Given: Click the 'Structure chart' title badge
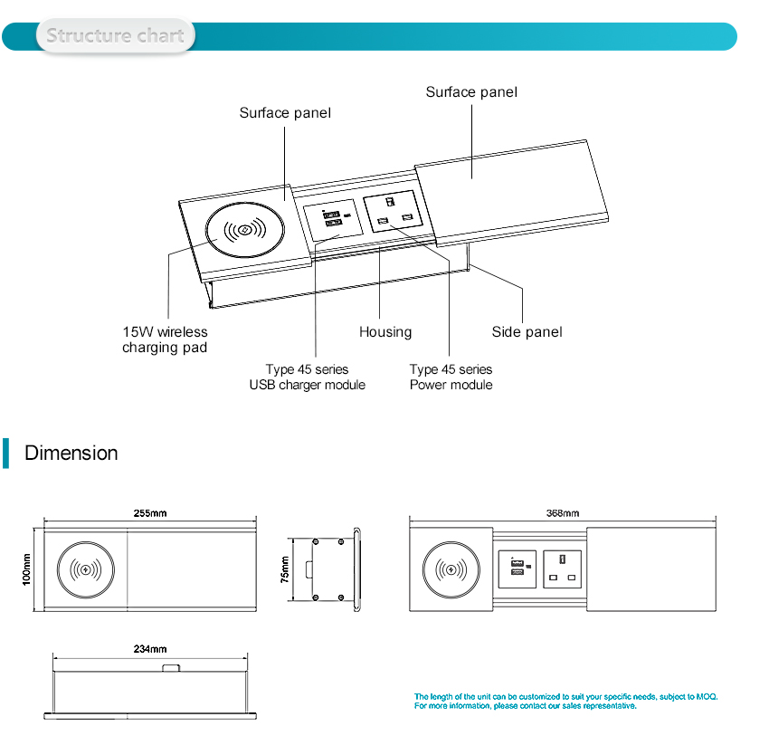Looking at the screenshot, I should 115,36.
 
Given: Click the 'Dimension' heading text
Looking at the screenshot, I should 71,453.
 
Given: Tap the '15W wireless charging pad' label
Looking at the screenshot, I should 165,339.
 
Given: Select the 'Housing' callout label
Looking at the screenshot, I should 385,332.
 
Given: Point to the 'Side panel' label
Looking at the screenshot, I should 527,332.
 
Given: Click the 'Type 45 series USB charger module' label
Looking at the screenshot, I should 307,377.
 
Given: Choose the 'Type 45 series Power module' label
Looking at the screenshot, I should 451,377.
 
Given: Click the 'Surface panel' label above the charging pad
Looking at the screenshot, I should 285,113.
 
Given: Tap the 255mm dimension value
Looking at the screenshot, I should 150,513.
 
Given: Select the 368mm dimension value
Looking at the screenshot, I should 562,513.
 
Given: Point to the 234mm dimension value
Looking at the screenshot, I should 150,649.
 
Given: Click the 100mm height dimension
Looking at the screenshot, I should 27,570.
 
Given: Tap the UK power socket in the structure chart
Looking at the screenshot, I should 394,212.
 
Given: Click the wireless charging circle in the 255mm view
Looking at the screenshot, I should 88,570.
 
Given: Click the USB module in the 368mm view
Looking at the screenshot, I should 517,569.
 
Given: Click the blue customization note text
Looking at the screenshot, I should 565,701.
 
